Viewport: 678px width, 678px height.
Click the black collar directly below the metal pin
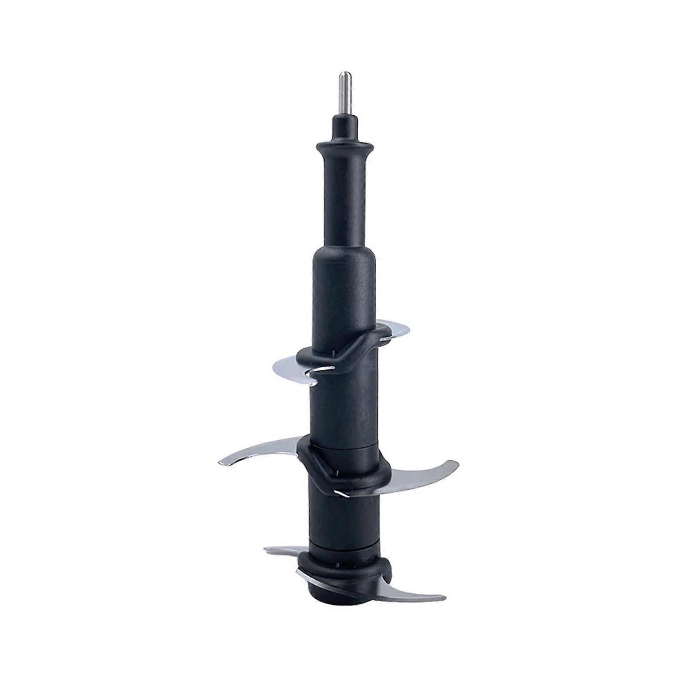(x=345, y=127)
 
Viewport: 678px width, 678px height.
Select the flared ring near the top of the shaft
(x=345, y=148)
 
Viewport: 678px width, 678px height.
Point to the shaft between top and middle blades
(x=345, y=407)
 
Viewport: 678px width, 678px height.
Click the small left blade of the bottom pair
(x=284, y=551)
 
